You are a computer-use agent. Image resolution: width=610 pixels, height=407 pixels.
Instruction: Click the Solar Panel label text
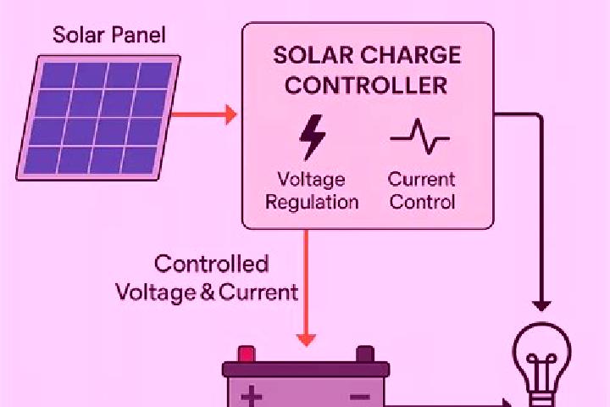pos(109,35)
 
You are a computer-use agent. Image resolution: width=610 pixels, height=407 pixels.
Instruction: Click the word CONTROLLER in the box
pos(366,86)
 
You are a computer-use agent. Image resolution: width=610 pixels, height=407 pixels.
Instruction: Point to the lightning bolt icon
pos(312,137)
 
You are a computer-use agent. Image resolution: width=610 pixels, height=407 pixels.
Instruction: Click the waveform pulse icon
pos(419,137)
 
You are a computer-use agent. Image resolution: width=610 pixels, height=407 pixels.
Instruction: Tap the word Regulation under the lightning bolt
pos(312,203)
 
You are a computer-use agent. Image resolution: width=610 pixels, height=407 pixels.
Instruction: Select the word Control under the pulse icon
pos(422,202)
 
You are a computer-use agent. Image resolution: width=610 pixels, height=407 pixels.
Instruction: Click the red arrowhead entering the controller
pos(231,114)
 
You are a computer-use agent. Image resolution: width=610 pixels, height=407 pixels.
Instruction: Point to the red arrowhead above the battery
pos(306,340)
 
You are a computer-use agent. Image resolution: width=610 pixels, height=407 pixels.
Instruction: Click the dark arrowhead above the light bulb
pos(541,306)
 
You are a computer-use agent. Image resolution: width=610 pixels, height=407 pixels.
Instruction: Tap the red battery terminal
pos(247,354)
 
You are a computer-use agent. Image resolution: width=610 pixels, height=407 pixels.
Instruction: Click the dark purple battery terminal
pos(365,354)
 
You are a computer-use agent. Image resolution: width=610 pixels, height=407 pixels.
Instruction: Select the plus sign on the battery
pos(252,396)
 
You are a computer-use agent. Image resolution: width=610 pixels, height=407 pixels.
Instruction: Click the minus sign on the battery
pos(360,397)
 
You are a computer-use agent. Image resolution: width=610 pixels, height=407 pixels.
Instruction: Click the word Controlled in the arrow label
pos(211,264)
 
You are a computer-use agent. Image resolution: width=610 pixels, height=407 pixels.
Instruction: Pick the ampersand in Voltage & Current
pos(208,293)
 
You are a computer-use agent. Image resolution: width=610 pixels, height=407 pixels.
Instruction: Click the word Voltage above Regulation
pos(311,180)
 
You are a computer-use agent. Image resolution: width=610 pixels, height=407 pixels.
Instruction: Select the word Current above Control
pos(421,179)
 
